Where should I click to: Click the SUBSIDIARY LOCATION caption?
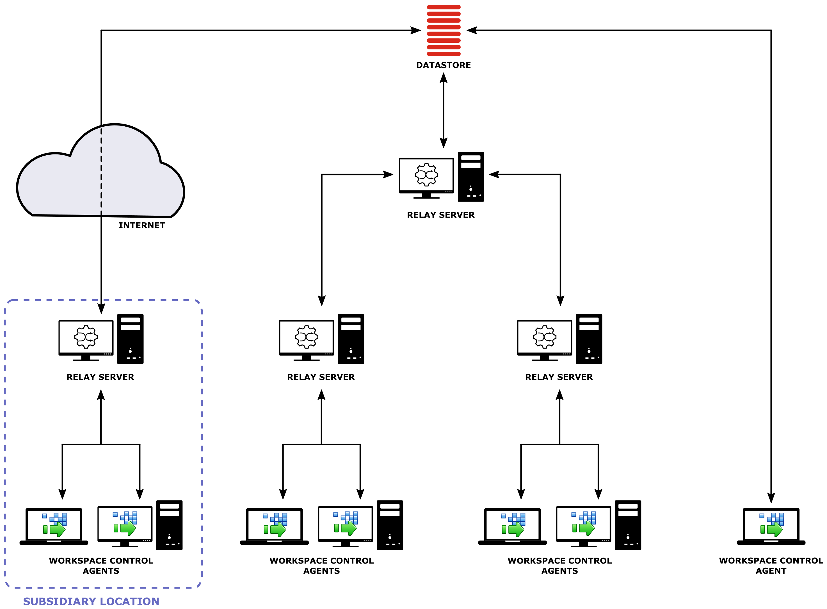(x=91, y=601)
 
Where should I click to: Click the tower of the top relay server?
(x=470, y=177)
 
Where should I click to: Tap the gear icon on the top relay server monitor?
(x=426, y=174)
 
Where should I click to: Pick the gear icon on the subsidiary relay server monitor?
(x=86, y=337)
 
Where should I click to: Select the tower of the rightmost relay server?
(x=589, y=339)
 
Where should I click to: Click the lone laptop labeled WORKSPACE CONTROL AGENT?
(x=771, y=526)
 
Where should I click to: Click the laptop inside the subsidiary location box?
(x=54, y=526)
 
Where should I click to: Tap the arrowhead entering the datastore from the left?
(x=415, y=30)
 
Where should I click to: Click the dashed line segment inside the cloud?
(x=101, y=170)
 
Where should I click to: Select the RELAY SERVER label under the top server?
(x=440, y=215)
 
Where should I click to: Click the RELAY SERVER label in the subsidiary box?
(x=100, y=377)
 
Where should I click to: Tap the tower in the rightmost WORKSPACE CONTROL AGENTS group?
(x=628, y=525)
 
